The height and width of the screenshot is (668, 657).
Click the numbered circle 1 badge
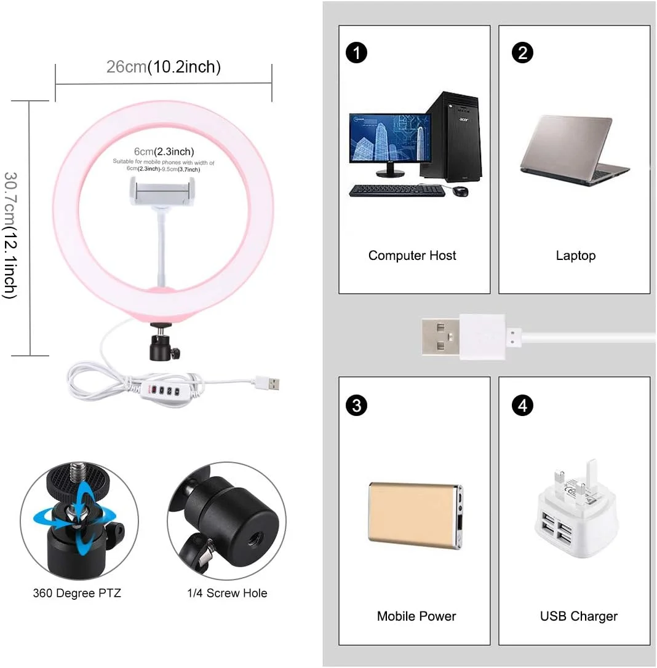point(356,53)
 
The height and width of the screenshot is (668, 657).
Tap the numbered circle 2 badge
point(522,53)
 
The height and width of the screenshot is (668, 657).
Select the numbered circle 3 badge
point(356,405)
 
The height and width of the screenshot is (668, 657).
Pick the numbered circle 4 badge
point(522,405)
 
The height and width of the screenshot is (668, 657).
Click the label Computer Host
point(412,256)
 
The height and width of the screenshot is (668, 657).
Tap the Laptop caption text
point(576,256)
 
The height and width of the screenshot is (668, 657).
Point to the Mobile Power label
point(416,616)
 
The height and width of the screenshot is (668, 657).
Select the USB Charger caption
point(579,616)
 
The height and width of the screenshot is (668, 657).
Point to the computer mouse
point(460,191)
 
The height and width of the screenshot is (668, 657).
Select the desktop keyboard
point(397,191)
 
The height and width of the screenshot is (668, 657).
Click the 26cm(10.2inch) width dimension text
point(163,67)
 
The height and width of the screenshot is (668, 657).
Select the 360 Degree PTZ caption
point(77,593)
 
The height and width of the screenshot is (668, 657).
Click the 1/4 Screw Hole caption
point(227,593)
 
